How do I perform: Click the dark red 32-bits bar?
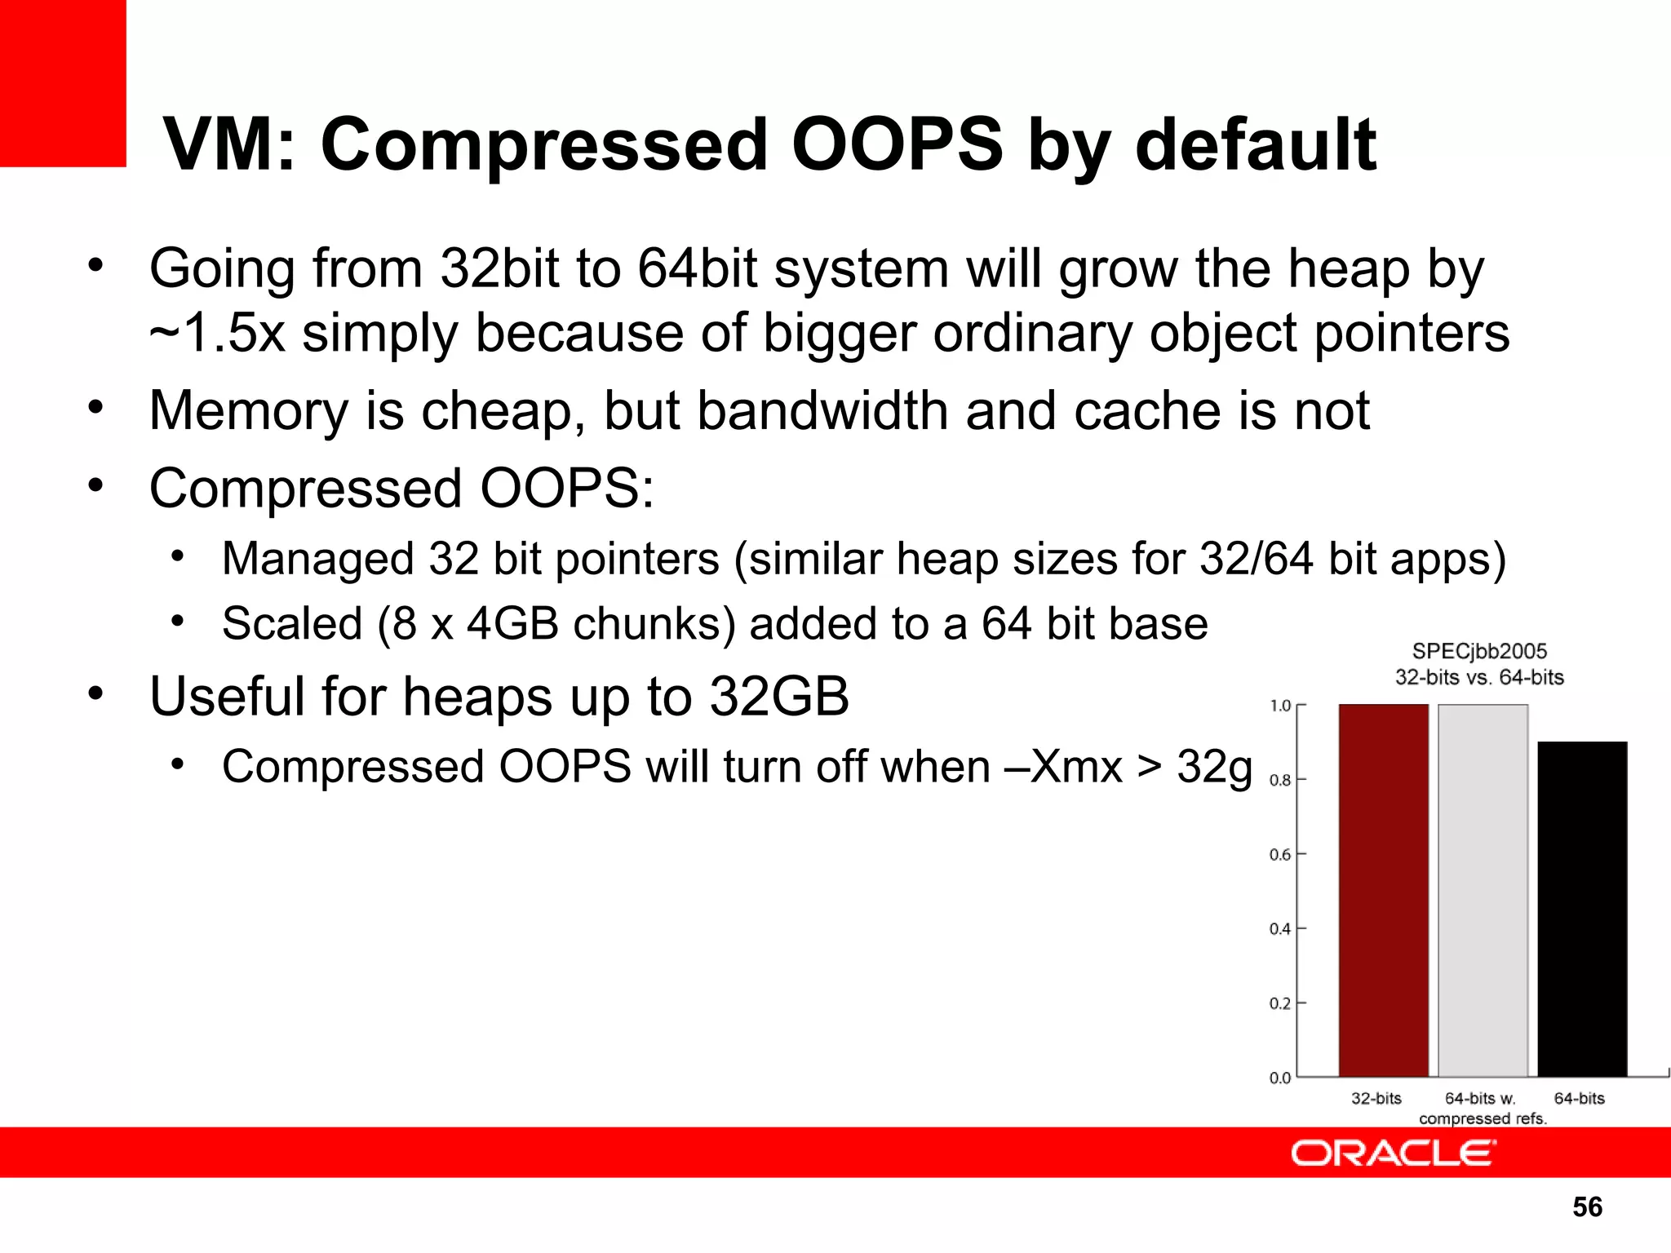1383,889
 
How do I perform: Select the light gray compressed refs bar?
1483,889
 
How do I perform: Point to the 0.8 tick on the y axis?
1280,780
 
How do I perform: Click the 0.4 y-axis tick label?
1280,929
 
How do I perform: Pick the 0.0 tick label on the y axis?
1280,1078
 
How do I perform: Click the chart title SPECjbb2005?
1479,651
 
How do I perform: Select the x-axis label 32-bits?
1376,1099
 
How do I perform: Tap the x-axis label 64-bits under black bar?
1579,1099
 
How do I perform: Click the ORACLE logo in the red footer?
1393,1153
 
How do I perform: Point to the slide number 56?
1587,1207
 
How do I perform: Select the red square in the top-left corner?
63,82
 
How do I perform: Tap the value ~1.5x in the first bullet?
217,334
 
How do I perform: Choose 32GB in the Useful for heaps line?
779,697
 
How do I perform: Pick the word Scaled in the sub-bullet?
291,624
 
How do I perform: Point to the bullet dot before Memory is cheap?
96,406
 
